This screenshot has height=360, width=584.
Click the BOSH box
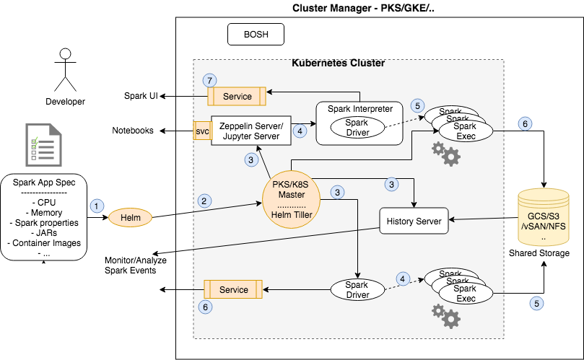coord(256,34)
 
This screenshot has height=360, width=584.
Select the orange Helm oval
coord(131,216)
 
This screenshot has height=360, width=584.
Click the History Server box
coord(414,220)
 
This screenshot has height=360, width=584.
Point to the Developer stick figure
coord(66,69)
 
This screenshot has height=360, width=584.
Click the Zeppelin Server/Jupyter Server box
coord(250,131)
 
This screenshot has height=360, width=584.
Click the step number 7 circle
coord(209,80)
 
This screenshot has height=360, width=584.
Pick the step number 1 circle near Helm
coord(95,206)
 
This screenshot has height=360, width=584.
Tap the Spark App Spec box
coord(45,216)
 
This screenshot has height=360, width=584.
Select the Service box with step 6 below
coord(233,289)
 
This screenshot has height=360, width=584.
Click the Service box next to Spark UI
coord(237,96)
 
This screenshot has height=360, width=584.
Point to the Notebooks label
coord(133,131)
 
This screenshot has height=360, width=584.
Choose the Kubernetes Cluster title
coord(338,63)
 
